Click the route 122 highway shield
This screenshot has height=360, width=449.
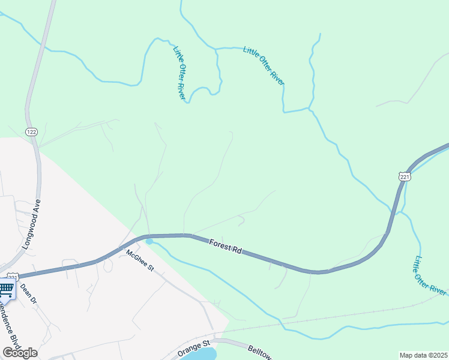click(31, 131)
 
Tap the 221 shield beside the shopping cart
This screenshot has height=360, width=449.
click(14, 277)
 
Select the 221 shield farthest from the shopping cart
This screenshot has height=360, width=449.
click(404, 176)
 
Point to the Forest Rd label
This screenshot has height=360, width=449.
click(225, 247)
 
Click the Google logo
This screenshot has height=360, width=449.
click(20, 353)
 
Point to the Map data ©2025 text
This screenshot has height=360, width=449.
click(423, 355)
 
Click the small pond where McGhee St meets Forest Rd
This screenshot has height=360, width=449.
click(149, 242)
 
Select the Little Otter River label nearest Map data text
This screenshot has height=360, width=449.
click(429, 275)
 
